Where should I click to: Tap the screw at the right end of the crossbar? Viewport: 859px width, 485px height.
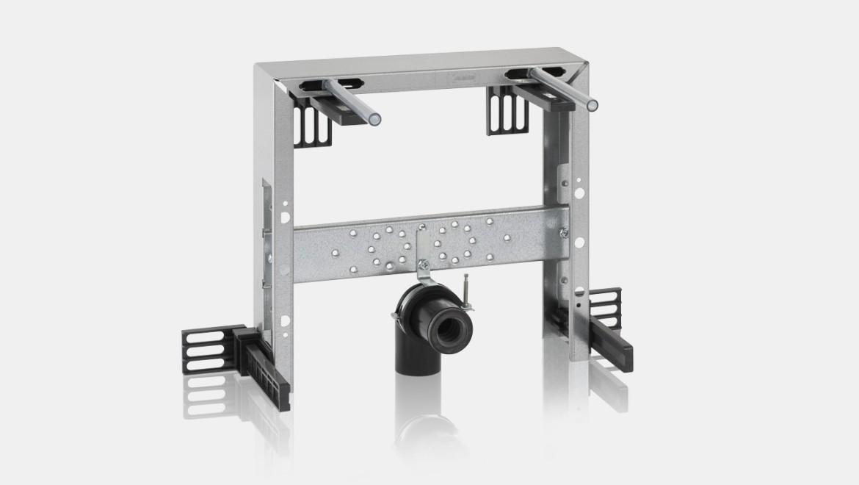(x=563, y=232)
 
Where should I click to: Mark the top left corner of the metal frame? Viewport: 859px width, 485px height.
(x=258, y=68)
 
